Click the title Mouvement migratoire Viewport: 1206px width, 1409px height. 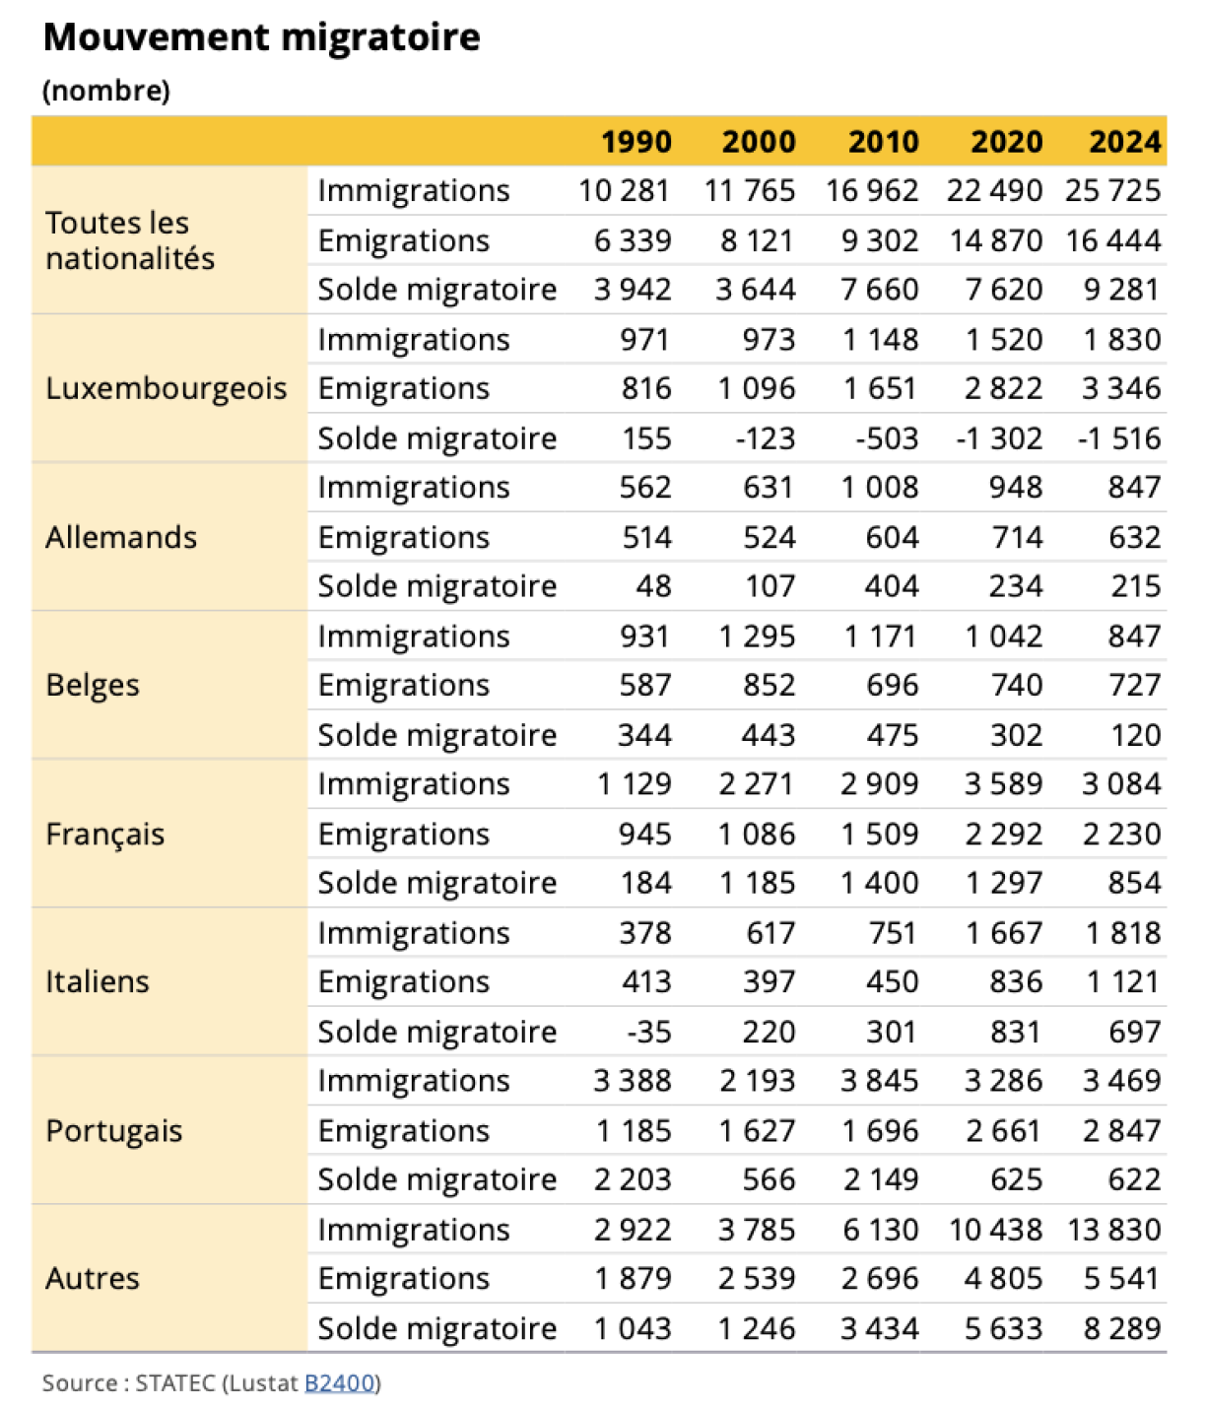click(x=262, y=37)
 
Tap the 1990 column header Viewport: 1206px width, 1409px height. click(x=636, y=142)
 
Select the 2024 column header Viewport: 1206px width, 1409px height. click(x=1124, y=142)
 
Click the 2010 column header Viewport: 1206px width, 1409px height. click(x=883, y=142)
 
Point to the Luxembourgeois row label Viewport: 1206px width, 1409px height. click(x=167, y=388)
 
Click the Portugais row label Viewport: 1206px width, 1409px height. click(x=114, y=1130)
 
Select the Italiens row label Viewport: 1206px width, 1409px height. click(x=98, y=981)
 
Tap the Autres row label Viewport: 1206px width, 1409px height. click(x=93, y=1278)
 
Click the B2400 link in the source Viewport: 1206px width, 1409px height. click(x=339, y=1382)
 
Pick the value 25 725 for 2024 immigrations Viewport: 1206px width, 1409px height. click(x=1113, y=190)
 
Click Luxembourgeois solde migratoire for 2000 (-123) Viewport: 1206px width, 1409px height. click(x=766, y=438)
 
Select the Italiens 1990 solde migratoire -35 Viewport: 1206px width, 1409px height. click(x=649, y=1032)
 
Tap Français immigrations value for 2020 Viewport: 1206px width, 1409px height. click(x=1003, y=784)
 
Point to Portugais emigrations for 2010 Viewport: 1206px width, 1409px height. click(x=879, y=1130)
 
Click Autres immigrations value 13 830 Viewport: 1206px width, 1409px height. click(x=1113, y=1230)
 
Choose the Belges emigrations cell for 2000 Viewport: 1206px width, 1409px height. click(x=770, y=685)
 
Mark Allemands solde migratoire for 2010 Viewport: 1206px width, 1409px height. click(x=892, y=586)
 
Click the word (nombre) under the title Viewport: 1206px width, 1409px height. click(x=106, y=91)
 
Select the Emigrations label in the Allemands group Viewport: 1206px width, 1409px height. click(x=404, y=537)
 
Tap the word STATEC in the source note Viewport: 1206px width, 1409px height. click(x=175, y=1382)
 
